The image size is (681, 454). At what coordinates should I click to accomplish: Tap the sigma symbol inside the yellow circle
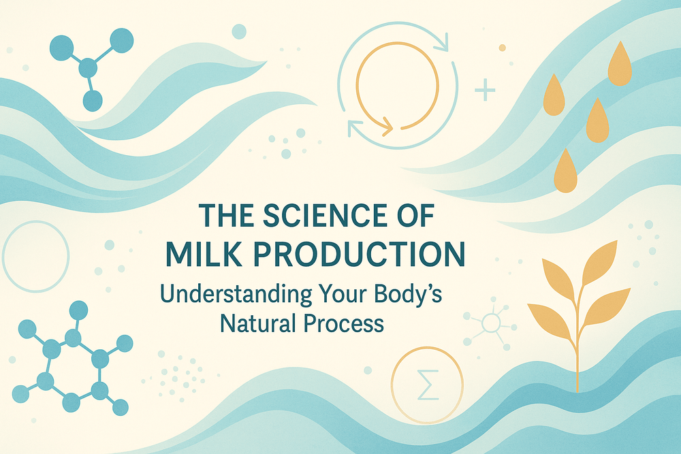click(427, 386)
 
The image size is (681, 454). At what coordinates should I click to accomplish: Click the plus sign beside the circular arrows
click(486, 90)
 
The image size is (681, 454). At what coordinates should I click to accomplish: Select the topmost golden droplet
click(619, 65)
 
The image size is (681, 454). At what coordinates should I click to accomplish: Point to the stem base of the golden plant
click(577, 388)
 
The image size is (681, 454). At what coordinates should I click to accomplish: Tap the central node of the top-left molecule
click(88, 68)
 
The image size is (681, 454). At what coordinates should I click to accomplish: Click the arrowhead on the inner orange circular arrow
click(387, 126)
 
